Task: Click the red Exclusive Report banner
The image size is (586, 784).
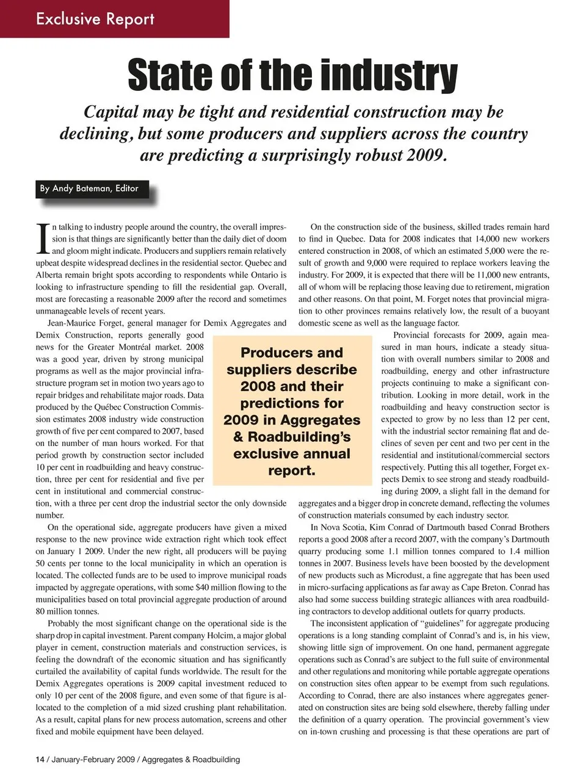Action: [x=96, y=19]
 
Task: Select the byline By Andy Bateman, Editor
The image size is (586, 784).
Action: [x=89, y=189]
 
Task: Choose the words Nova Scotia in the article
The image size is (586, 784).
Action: [x=342, y=528]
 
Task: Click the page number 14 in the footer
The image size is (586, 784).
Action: [x=40, y=760]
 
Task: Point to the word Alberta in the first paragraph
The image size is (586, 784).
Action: [x=49, y=275]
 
